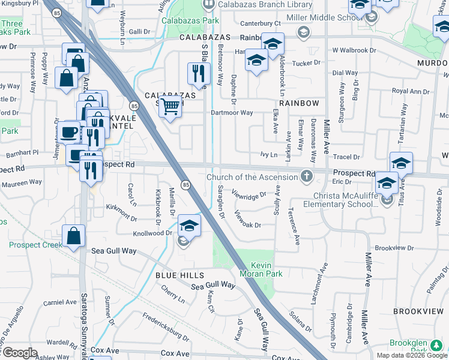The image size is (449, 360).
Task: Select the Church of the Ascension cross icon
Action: coord(307,176)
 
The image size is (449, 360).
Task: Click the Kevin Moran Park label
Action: coord(261,269)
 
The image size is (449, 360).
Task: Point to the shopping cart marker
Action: coord(171,107)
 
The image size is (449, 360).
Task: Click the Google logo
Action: coord(20,353)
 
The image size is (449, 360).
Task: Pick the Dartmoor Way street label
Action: coord(231,112)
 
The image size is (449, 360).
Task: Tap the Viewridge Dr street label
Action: coord(249,196)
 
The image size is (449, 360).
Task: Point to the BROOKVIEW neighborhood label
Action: coord(418,311)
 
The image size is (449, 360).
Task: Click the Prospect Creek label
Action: coord(35,245)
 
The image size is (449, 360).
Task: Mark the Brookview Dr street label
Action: coord(394,247)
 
